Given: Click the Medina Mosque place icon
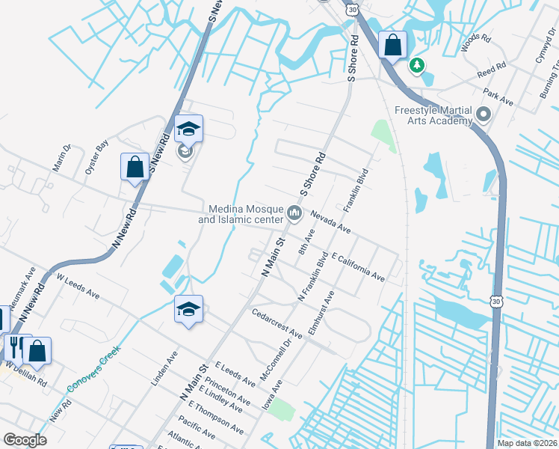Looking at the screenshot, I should tap(294, 215).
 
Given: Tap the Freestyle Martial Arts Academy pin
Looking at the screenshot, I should tap(484, 116).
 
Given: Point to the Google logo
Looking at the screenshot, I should tap(25, 440).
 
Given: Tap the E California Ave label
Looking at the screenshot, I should tap(358, 266).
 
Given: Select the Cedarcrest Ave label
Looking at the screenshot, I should tap(277, 324).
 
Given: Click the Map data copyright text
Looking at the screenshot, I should tap(528, 443).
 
